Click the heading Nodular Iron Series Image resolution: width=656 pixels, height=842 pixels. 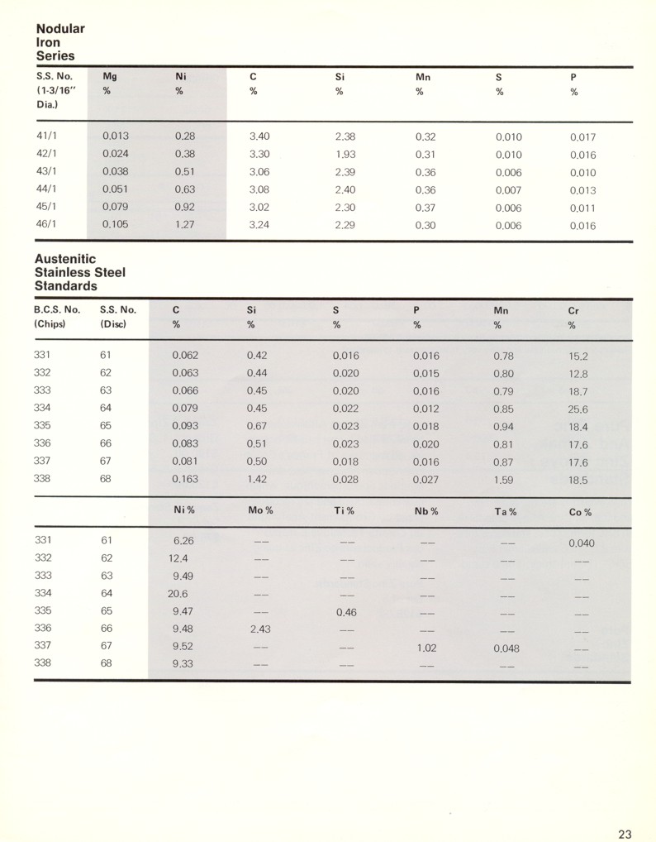pos(60,42)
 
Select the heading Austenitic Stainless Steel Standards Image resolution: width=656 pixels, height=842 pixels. pos(80,272)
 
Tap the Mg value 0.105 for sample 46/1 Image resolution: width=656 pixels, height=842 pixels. pos(116,224)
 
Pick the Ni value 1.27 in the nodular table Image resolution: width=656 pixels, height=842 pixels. pos(184,224)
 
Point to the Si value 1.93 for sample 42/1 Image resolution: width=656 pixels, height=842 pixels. pos(345,155)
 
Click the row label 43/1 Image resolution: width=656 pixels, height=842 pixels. pos(47,172)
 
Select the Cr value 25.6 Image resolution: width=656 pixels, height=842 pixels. pos(578,409)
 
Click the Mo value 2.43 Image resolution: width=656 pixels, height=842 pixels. pos(261,629)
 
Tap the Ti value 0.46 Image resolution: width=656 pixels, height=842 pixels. pos(346,613)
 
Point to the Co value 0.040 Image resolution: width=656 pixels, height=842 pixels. pos(582,543)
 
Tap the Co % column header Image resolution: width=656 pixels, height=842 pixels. pos(582,511)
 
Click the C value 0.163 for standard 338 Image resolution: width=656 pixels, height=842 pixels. pos(185,479)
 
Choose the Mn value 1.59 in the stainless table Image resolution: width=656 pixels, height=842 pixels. pos(503,479)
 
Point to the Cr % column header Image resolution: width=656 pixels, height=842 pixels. pos(573,318)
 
